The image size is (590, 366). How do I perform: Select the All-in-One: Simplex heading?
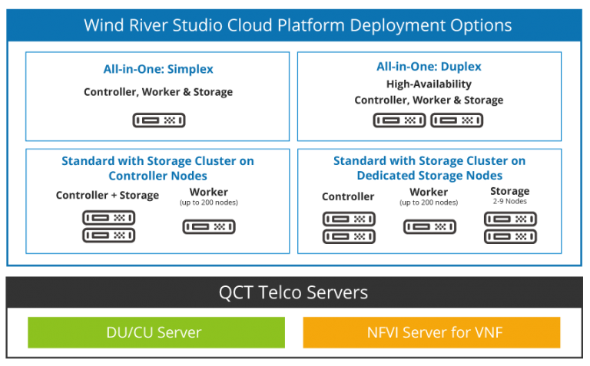(x=158, y=70)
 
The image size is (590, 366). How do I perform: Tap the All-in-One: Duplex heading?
(x=429, y=68)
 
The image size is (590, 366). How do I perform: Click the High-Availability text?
(x=429, y=84)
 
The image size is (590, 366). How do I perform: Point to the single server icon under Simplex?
(x=158, y=120)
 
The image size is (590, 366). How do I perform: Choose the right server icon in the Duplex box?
(x=457, y=120)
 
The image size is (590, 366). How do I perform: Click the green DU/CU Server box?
(x=156, y=332)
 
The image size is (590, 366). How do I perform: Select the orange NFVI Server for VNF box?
(x=432, y=332)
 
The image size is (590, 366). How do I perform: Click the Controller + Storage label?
(x=108, y=196)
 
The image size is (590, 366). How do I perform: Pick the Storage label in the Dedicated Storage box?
(x=509, y=191)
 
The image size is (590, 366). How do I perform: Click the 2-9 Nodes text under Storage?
(x=509, y=202)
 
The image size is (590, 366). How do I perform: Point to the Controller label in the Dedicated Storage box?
(x=348, y=197)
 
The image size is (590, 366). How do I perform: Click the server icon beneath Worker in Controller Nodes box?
(x=208, y=226)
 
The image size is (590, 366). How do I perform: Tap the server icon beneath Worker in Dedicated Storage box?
(x=429, y=226)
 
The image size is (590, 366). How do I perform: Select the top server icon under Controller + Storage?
(x=108, y=218)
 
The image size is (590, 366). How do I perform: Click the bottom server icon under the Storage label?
(x=509, y=237)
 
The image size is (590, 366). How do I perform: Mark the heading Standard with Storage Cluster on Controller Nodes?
(x=157, y=168)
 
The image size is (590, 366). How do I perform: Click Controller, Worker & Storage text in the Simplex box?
(x=158, y=92)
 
